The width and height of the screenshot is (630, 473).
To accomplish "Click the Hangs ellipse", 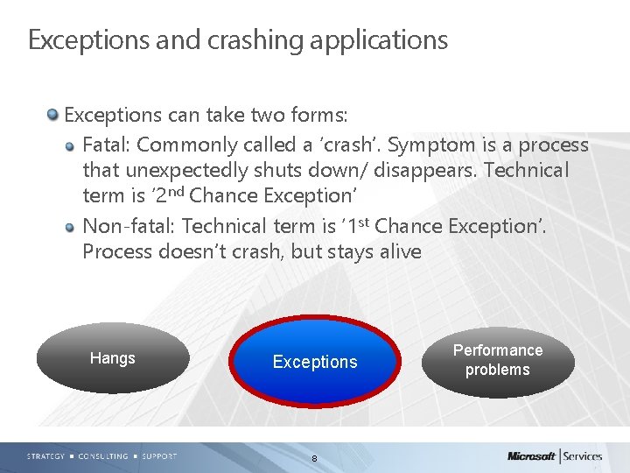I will point(113,358).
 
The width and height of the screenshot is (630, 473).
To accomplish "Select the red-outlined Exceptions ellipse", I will point(315,362).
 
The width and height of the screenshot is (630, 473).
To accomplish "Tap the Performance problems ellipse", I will point(497,360).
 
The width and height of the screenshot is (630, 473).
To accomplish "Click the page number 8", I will point(314,459).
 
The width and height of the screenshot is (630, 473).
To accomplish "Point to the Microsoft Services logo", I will point(555,455).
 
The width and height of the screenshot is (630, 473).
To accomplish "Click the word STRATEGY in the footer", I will point(45,456).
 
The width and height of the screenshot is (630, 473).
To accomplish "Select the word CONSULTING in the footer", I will point(103,456).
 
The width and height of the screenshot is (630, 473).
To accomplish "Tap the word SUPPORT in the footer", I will point(158,456).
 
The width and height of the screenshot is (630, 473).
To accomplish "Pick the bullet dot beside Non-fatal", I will point(71,226).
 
